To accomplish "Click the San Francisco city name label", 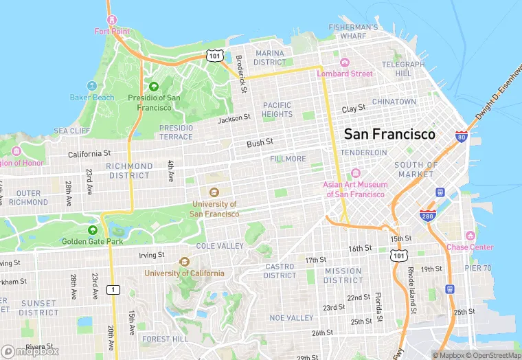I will pyautogui.click(x=389, y=134).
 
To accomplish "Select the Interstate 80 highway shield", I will pyautogui.click(x=462, y=137).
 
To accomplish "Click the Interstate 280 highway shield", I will pyautogui.click(x=427, y=216).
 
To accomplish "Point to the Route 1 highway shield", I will pyautogui.click(x=111, y=289).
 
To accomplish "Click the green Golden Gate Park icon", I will pyautogui.click(x=93, y=230).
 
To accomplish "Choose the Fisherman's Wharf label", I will pyautogui.click(x=353, y=32).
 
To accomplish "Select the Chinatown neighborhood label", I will pyautogui.click(x=394, y=102).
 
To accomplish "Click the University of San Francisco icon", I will pyautogui.click(x=214, y=192).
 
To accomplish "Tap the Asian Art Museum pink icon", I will pyautogui.click(x=356, y=173).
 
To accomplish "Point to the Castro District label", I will pyautogui.click(x=280, y=271).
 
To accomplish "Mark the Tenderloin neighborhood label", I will pyautogui.click(x=360, y=152).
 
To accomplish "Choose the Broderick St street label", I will pyautogui.click(x=240, y=74).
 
